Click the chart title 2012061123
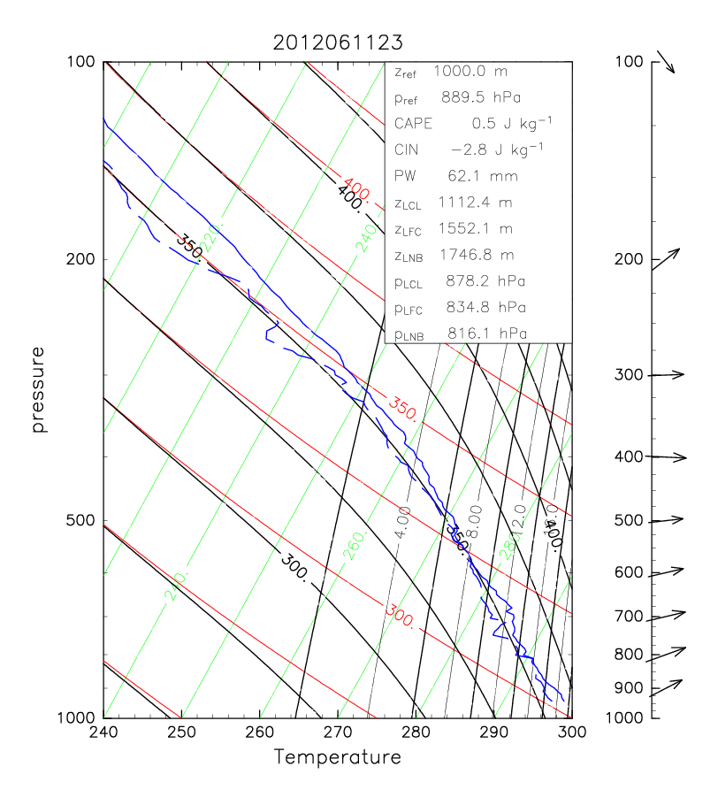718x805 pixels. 337,42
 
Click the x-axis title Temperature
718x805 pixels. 337,757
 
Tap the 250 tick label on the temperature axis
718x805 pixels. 181,732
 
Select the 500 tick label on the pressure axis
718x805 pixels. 81,521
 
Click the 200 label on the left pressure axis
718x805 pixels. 81,259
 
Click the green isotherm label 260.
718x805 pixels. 353,551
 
